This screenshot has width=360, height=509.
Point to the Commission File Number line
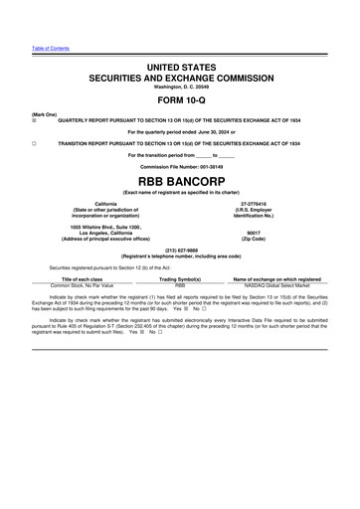pyautogui.click(x=180, y=166)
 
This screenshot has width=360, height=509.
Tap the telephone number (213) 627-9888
pyautogui.click(x=180, y=250)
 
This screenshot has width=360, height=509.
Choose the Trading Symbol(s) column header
pyautogui.click(x=181, y=279)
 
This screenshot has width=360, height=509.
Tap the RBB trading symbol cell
pyautogui.click(x=180, y=285)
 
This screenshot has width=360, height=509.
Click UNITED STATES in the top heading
pyautogui.click(x=180, y=65)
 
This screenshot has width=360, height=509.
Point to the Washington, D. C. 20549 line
pyautogui.click(x=180, y=85)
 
